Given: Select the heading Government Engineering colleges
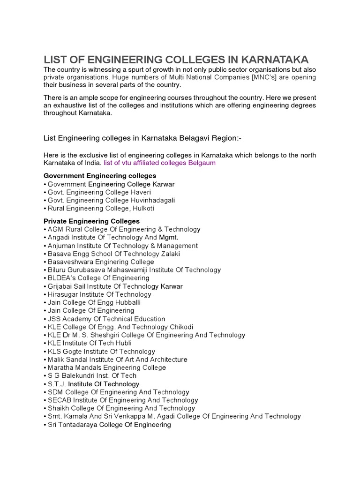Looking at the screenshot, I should point(100,176).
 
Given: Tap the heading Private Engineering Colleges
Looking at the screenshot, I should point(91,221).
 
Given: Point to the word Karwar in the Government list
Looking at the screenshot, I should point(160,184).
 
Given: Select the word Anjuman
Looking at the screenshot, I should point(61,246).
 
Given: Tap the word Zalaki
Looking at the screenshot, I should point(170,254).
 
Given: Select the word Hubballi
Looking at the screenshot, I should point(125,302).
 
